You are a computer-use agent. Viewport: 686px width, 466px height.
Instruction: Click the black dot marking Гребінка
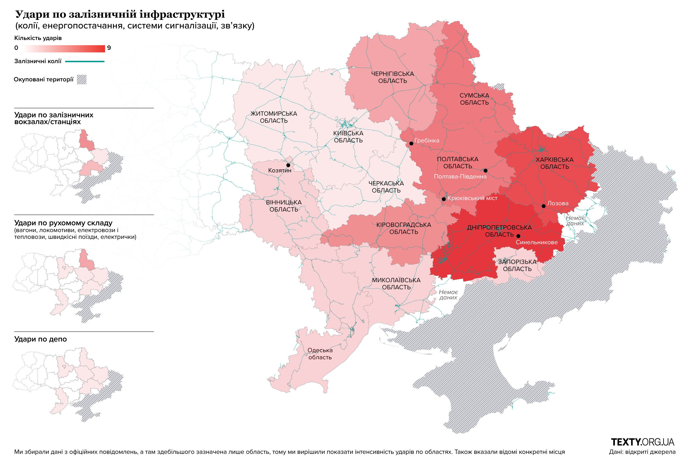coord(411,144)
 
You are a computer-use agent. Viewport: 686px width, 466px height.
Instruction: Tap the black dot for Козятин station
coord(288,165)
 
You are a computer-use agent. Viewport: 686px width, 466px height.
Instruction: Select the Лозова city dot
coord(544,206)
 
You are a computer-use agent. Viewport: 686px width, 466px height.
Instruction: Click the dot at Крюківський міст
coord(443,199)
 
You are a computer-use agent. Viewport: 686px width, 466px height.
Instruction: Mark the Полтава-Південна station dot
coord(485,170)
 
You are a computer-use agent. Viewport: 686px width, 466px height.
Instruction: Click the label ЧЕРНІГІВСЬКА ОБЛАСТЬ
coord(392,77)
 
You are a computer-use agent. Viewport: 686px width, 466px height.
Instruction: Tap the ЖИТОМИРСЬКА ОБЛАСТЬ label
coord(274,117)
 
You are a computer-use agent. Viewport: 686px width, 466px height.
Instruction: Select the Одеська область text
coord(320,354)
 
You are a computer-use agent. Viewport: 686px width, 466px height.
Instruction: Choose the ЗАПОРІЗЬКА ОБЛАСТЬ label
coord(517,265)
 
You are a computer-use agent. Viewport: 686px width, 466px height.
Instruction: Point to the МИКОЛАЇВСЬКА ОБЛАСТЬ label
coord(396,283)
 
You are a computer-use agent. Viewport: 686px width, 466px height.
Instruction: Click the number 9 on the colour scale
coord(109,48)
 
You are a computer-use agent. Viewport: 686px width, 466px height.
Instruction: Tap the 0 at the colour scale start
coord(16,48)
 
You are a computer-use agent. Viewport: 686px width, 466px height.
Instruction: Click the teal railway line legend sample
coord(84,62)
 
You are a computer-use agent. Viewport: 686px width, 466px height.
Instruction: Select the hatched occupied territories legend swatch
coord(81,80)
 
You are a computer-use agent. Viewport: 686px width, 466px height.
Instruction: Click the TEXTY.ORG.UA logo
coord(642,442)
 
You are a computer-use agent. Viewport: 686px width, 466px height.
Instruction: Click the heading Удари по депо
coord(40,339)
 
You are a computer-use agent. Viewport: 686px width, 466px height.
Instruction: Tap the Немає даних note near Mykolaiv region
coord(448,295)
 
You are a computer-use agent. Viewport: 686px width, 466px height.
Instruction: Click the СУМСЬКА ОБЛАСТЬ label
coord(474,99)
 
